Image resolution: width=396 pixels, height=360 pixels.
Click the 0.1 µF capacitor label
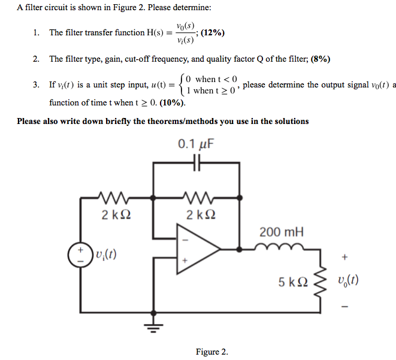click(x=197, y=144)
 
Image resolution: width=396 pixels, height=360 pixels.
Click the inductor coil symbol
click(x=280, y=246)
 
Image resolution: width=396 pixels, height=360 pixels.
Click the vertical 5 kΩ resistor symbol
click(x=318, y=280)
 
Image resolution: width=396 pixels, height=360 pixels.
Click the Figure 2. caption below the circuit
click(x=211, y=352)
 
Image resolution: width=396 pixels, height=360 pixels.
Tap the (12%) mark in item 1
click(x=213, y=32)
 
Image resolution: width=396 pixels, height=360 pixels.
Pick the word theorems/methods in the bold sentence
click(x=177, y=121)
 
